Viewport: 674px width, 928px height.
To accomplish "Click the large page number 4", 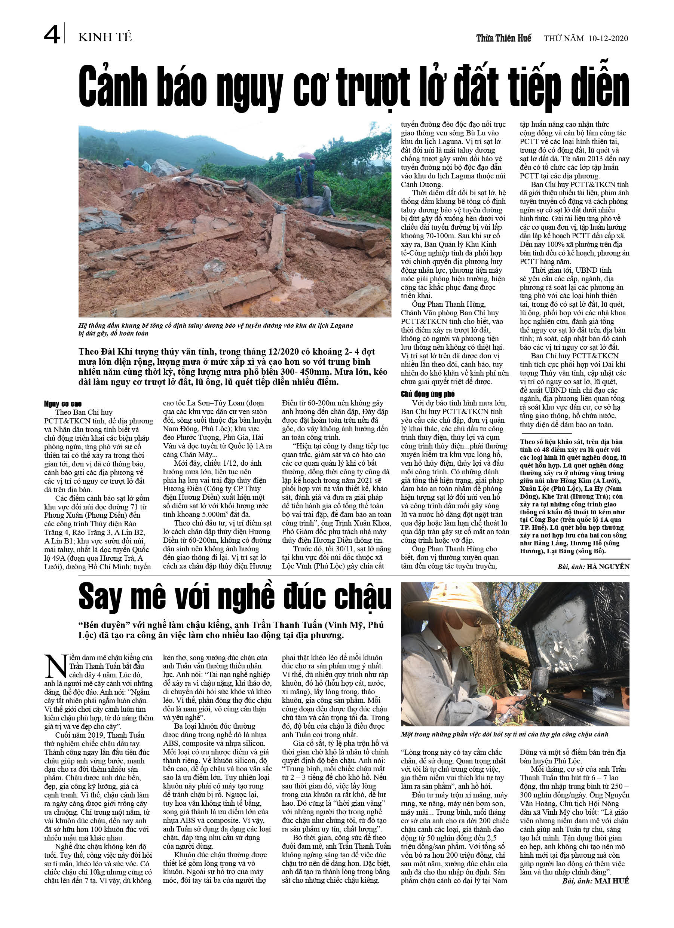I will (52, 34).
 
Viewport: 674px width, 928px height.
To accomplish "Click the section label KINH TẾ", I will (105, 37).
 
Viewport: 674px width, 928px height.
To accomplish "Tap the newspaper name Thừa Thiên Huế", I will (503, 39).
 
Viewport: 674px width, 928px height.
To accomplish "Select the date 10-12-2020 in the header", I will (608, 39).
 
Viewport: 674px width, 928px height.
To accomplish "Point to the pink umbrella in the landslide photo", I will (307, 156).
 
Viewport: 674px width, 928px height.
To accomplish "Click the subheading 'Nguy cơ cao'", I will (62, 404).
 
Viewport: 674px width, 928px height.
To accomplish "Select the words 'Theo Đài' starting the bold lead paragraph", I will (97, 352).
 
